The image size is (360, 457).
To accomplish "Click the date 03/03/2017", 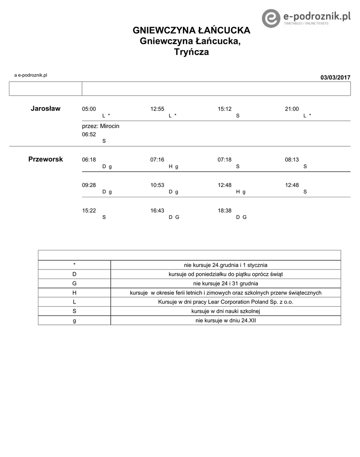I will (335, 78).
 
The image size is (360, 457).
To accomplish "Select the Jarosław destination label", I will (46, 108).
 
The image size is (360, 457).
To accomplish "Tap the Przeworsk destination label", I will (46, 159).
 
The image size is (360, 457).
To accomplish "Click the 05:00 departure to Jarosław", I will (89, 109).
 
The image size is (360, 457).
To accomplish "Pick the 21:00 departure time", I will (292, 109).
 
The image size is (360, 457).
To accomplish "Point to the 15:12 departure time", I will (224, 109).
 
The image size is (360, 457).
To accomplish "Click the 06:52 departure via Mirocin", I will (89, 134).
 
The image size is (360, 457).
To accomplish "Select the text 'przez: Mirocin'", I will (100, 126).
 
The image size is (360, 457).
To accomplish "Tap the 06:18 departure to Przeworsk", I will (89, 159).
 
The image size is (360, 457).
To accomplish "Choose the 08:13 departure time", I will (292, 159).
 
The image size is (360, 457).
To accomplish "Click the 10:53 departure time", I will (157, 185).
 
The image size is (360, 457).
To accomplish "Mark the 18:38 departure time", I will (224, 210).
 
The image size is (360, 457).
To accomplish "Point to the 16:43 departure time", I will (157, 210).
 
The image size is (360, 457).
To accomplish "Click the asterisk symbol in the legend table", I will (74, 265).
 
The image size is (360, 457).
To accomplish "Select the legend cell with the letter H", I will (74, 293).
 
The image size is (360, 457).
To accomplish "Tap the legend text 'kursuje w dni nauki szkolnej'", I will (225, 311).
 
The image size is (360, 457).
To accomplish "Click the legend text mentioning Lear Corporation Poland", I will (225, 302).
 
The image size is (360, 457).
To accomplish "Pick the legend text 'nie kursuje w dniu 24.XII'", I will (225, 320).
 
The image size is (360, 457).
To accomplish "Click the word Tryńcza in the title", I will (191, 52).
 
